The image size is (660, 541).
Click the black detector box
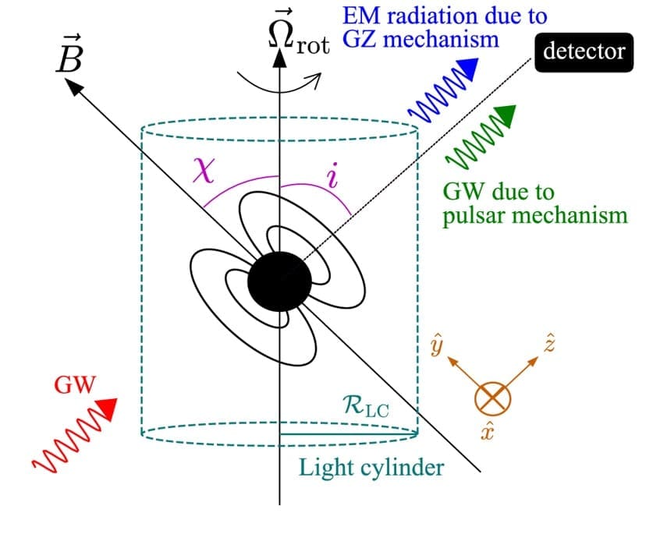584,51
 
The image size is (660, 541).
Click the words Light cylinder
371,468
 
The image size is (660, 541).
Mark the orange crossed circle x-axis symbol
493,399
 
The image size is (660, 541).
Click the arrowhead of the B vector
73,86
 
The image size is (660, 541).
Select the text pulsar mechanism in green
534,215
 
